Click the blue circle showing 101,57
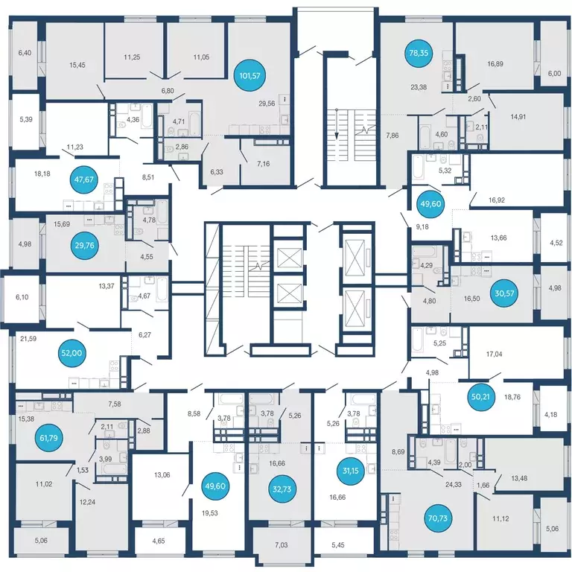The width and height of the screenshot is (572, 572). pyautogui.click(x=250, y=76)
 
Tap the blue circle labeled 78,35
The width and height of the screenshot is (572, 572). pyautogui.click(x=419, y=53)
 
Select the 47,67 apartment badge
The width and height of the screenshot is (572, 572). pyautogui.click(x=84, y=179)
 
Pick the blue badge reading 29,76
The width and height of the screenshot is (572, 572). pyautogui.click(x=85, y=246)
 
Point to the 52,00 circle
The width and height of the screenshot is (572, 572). pyautogui.click(x=71, y=353)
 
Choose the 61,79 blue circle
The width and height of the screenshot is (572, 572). pyautogui.click(x=48, y=438)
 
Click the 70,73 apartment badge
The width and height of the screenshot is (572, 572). pyautogui.click(x=438, y=518)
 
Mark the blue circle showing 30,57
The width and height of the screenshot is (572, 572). pyautogui.click(x=504, y=293)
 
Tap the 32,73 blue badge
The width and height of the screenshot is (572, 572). pyautogui.click(x=282, y=489)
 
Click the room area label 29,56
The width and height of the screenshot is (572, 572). pyautogui.click(x=267, y=104)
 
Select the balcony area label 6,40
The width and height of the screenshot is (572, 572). pyautogui.click(x=25, y=53)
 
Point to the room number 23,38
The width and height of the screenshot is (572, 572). pyautogui.click(x=419, y=87)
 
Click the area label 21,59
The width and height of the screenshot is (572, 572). pyautogui.click(x=28, y=339)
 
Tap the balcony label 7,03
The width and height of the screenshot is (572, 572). pyautogui.click(x=282, y=545)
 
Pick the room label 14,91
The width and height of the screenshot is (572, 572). pyautogui.click(x=518, y=117)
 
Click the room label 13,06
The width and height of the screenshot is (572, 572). pyautogui.click(x=162, y=475)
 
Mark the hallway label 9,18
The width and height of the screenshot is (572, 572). pyautogui.click(x=422, y=227)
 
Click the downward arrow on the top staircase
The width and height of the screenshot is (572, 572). pyautogui.click(x=337, y=135)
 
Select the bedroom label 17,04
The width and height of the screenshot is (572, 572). pyautogui.click(x=494, y=355)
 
